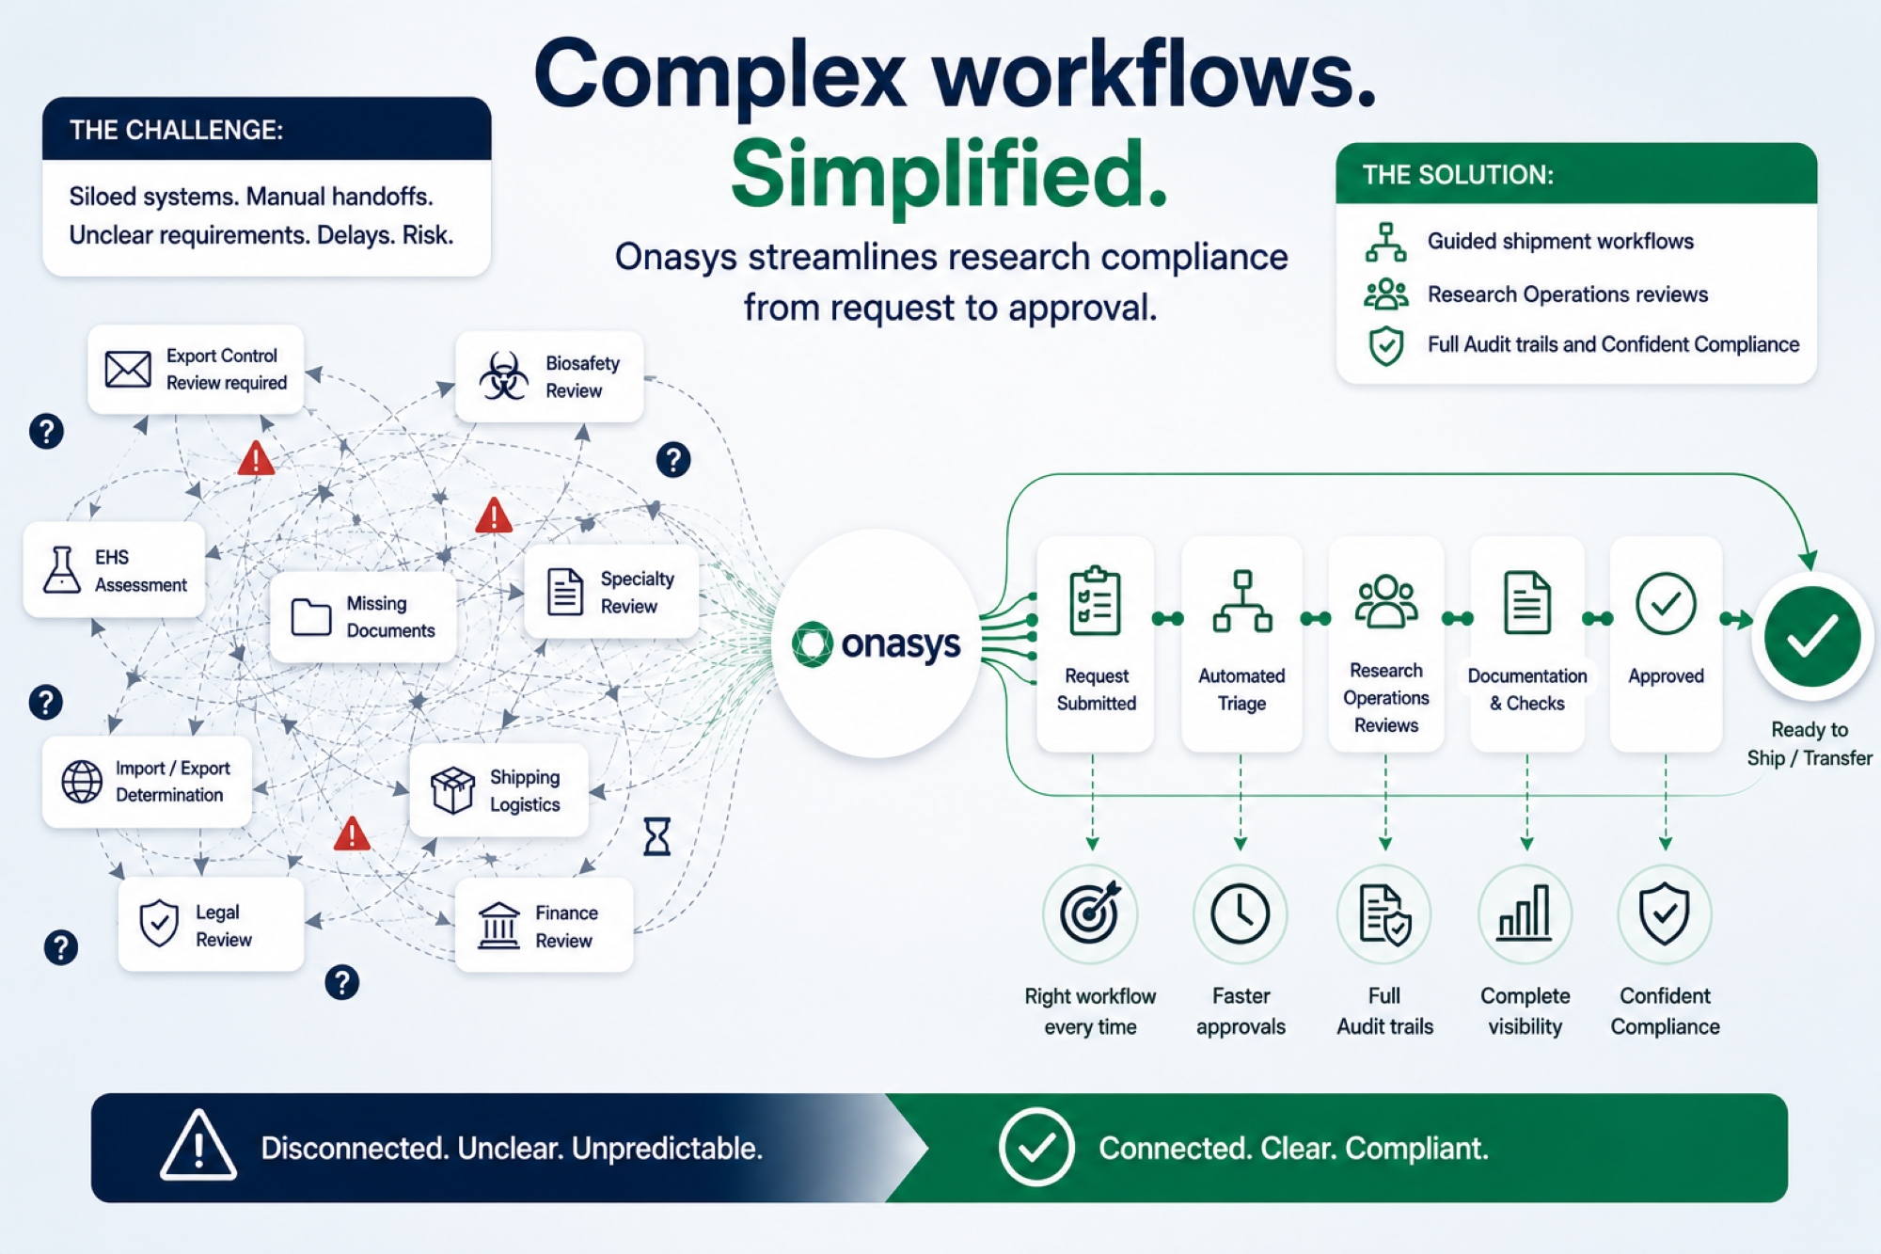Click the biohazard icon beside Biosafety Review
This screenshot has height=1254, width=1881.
click(504, 376)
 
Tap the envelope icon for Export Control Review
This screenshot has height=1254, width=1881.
click(128, 370)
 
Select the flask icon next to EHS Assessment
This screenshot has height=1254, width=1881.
click(62, 570)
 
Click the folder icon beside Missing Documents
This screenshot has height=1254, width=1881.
click(311, 617)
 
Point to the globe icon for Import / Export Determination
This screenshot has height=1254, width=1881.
click(82, 782)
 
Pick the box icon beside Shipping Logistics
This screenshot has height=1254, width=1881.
click(452, 789)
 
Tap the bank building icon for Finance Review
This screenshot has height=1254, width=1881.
click(498, 926)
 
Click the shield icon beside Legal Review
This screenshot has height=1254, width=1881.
click(159, 923)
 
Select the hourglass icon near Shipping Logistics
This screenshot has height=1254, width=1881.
click(657, 835)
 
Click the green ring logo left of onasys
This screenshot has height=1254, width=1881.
click(813, 644)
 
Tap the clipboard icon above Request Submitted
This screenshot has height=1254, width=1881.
click(1096, 600)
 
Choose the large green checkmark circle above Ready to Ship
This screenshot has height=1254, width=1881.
click(1812, 637)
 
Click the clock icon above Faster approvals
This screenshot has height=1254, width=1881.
click(1241, 913)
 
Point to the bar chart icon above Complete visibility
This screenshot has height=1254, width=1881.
click(1525, 913)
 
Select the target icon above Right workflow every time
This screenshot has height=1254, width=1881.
click(1090, 912)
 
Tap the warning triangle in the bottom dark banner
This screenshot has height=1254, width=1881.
click(198, 1145)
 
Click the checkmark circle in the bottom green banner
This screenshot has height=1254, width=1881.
click(1036, 1147)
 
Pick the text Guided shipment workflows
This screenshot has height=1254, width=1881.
click(1560, 242)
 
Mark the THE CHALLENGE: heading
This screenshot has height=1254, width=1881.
click(176, 130)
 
